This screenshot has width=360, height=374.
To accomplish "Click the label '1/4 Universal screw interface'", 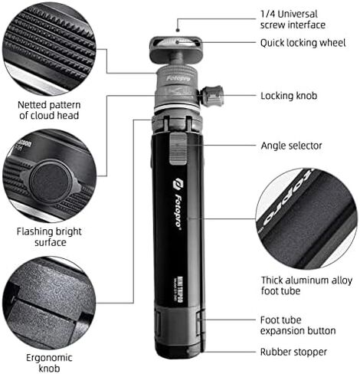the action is (293, 19).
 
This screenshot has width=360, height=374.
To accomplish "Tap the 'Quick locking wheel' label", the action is (303, 43).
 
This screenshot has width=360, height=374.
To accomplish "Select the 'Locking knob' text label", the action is (289, 96).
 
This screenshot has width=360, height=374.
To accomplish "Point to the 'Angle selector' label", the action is (291, 146).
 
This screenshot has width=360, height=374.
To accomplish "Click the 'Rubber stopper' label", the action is (293, 352).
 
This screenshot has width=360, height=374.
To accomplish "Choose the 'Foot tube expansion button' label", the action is (298, 325).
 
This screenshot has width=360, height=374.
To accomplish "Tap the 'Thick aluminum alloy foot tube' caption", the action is (306, 285).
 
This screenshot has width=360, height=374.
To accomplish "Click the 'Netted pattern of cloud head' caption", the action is (49, 110).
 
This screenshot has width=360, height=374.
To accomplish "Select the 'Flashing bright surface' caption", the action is (49, 237).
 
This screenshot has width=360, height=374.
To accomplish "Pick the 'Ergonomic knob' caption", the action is (49, 363).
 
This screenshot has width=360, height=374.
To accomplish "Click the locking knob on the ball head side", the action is (211, 96).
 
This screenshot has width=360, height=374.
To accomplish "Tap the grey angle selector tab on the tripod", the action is (178, 149).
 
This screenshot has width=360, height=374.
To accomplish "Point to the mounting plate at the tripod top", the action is (176, 50).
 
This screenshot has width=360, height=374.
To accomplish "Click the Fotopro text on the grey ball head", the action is (178, 78).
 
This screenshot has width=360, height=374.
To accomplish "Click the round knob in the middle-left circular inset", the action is (51, 182).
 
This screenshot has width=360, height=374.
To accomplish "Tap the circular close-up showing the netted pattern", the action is (49, 50).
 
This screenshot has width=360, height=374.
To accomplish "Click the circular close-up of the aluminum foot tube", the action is (306, 218).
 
